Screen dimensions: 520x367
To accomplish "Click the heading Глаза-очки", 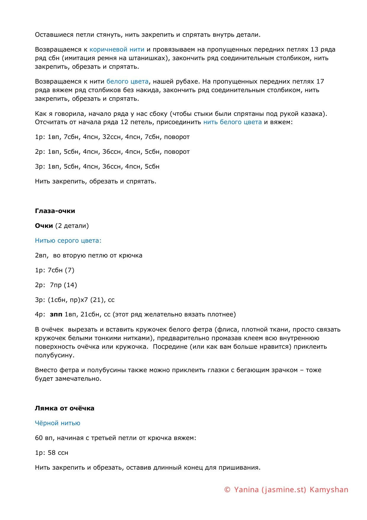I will tap(55, 211).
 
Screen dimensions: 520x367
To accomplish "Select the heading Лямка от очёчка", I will tap(65, 408).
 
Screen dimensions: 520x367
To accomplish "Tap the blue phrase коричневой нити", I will tap(117, 49).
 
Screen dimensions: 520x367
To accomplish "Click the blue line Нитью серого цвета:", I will tap(68, 241).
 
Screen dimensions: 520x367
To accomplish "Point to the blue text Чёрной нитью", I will tap(57, 423).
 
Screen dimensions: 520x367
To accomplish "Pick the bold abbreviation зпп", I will tap(56, 314).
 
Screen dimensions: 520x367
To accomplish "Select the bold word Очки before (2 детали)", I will tap(44, 226).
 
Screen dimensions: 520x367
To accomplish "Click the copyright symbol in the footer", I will tap(227, 490).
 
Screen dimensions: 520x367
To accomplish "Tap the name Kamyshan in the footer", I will tap(329, 490).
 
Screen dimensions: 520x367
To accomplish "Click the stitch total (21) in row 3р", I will tap(98, 300).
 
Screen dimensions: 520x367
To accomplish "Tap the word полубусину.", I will tap(54, 355).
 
